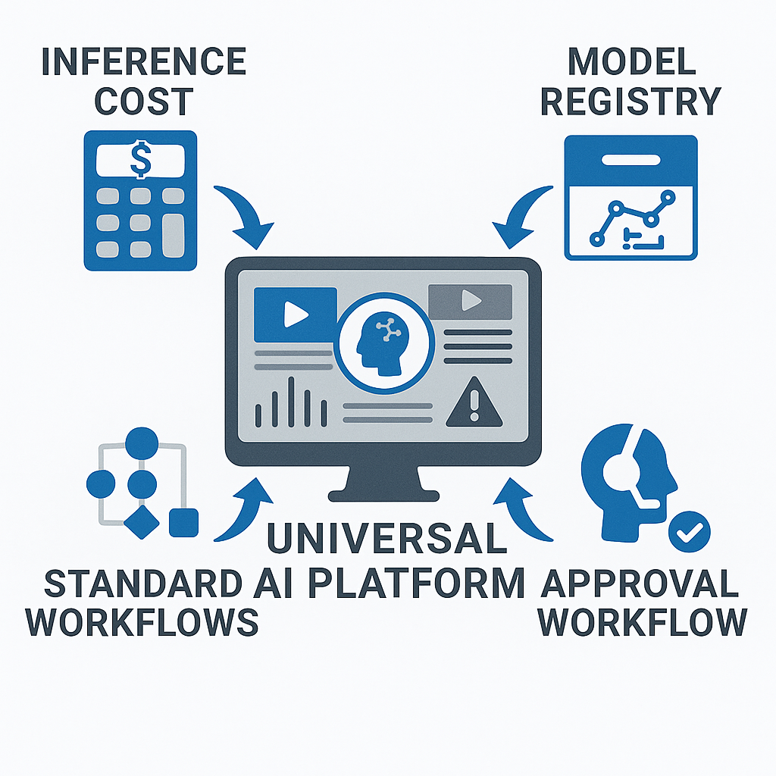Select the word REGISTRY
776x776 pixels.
630,102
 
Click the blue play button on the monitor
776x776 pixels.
295,314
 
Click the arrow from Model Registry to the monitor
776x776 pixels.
523,216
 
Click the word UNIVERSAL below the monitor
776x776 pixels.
386,538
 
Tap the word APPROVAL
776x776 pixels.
641,584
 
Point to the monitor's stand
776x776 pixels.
383,482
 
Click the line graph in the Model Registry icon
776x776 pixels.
631,217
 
